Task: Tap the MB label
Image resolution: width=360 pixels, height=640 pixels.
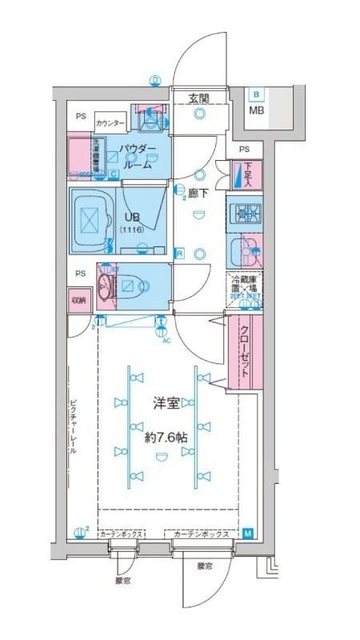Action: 256,110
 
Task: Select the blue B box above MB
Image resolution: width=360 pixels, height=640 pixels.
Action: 256,94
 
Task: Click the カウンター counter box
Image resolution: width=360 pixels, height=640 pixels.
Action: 110,123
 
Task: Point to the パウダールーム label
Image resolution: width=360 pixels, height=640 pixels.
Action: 137,156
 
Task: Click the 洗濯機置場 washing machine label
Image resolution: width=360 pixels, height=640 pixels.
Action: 95,154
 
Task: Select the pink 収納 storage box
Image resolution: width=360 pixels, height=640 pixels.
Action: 78,301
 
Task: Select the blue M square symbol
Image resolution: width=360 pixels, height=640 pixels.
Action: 247,534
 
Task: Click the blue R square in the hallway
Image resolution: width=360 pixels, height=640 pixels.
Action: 181,254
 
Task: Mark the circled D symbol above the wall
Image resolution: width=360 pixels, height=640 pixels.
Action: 155,79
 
